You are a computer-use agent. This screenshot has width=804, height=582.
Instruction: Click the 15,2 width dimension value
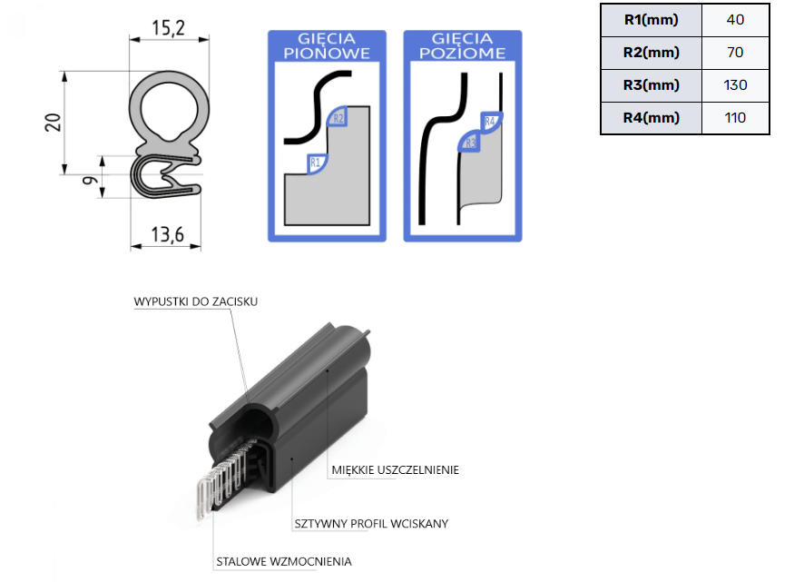click(x=168, y=28)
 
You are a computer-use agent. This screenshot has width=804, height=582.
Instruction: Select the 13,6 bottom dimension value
click(x=167, y=234)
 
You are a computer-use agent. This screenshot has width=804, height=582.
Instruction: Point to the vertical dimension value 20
click(x=53, y=123)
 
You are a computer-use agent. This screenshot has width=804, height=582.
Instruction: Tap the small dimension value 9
click(x=90, y=180)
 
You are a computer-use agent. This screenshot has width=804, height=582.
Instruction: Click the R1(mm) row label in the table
click(x=651, y=20)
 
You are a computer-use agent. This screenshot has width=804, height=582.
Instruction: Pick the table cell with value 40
click(x=735, y=20)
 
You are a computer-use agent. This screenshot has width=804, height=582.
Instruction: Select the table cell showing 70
click(x=735, y=53)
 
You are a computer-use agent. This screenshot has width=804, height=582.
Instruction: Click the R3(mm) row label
click(x=651, y=85)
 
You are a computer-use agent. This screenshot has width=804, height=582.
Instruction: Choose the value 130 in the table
click(x=735, y=85)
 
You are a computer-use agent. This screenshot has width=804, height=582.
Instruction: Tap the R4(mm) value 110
click(x=735, y=118)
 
